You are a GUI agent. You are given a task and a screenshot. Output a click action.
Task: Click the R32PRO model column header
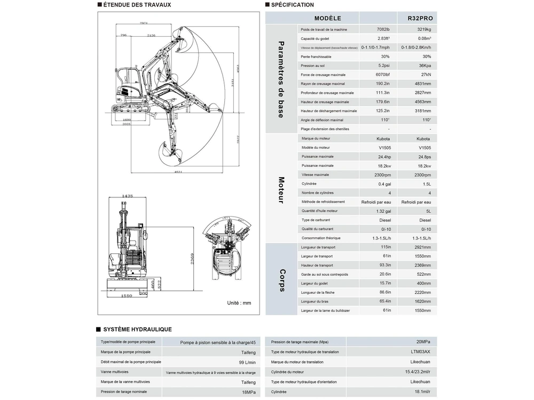click(x=420, y=18)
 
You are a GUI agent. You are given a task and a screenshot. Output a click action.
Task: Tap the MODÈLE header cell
click(x=328, y=18)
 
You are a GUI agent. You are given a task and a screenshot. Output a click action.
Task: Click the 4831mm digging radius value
click(x=422, y=84)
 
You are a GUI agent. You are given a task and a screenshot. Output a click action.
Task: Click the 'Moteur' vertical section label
click(x=281, y=190)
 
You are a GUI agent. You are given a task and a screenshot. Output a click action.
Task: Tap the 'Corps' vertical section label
click(x=281, y=280)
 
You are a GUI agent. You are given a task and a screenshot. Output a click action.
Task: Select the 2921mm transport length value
click(x=422, y=247)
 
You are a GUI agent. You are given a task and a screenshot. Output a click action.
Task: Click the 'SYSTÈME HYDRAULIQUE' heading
click(x=137, y=330)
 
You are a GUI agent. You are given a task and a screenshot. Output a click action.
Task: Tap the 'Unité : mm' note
click(x=239, y=303)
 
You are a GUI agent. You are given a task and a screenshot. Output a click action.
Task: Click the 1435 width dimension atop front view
click(x=127, y=196)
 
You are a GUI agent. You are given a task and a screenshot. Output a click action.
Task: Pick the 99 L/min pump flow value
click(x=246, y=362)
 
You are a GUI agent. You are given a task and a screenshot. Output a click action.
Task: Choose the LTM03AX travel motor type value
click(x=420, y=352)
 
